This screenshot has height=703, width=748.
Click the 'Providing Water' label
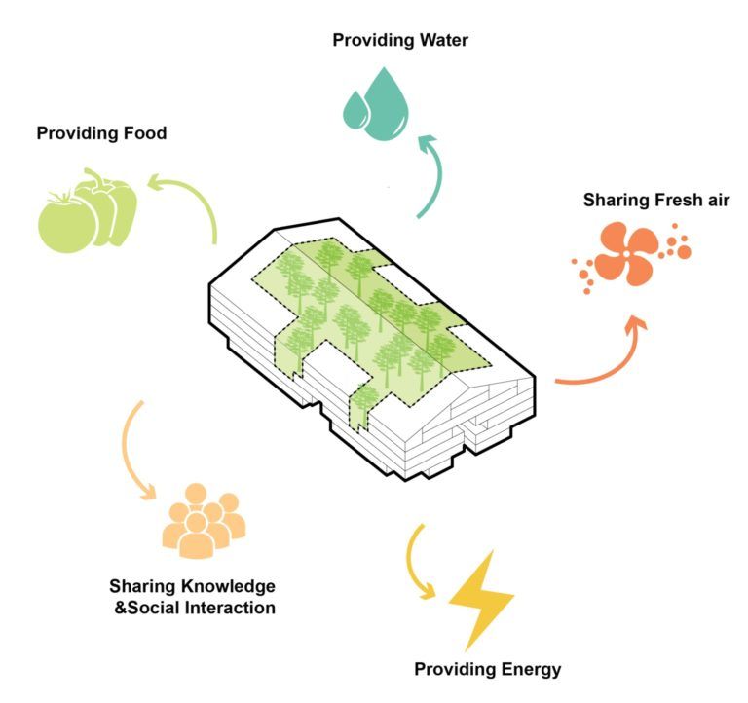point(400,40)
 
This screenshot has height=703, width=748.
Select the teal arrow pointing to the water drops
point(427,175)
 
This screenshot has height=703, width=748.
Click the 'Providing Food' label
point(101,132)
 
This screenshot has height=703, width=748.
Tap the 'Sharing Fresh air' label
point(656,201)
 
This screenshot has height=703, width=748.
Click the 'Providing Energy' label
point(487,669)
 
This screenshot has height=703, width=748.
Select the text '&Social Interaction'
point(194,608)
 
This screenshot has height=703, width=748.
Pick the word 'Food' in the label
point(143,132)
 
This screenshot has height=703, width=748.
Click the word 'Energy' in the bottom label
point(532,669)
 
